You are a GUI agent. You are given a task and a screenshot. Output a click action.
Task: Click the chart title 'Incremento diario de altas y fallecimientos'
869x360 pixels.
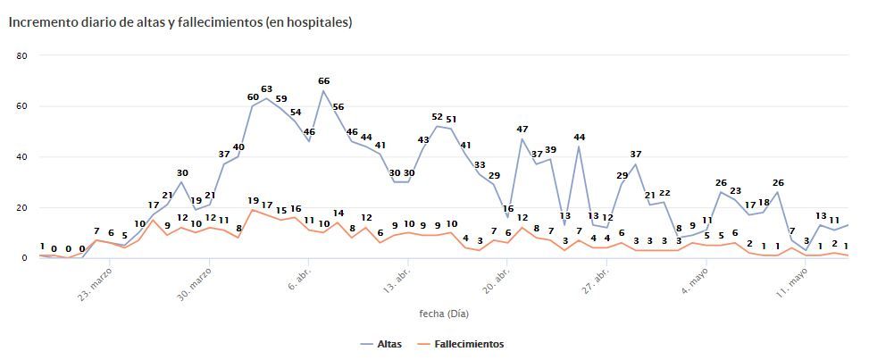pyautogui.click(x=180, y=22)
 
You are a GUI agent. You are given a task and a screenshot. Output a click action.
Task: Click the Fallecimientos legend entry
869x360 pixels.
pyautogui.click(x=469, y=344)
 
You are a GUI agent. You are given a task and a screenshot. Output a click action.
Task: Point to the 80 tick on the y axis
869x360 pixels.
pyautogui.click(x=22, y=55)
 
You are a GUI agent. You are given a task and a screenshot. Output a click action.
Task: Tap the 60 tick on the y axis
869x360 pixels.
pyautogui.click(x=22, y=106)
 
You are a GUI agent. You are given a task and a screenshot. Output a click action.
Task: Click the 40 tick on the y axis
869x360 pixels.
pyautogui.click(x=22, y=157)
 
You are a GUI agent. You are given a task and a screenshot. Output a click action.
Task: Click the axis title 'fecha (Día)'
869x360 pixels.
pyautogui.click(x=444, y=314)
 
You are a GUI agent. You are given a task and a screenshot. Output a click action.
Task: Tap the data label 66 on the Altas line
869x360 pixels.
pyautogui.click(x=323, y=81)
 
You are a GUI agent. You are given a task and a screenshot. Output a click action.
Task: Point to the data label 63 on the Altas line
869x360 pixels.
pyautogui.click(x=266, y=89)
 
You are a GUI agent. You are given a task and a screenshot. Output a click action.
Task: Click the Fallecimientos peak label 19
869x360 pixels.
pyautogui.click(x=253, y=201)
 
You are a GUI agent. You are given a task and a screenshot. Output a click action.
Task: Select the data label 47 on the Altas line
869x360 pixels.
pyautogui.click(x=522, y=130)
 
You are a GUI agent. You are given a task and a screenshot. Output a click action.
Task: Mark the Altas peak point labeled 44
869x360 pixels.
pyautogui.click(x=579, y=146)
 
